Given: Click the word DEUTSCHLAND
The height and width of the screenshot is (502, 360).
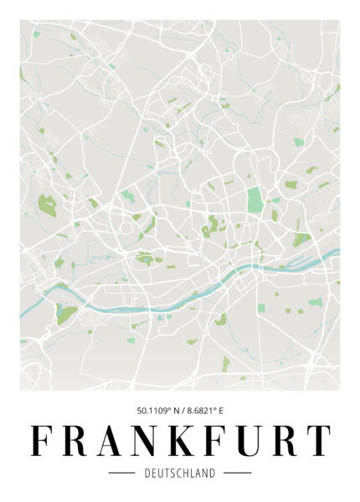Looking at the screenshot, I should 179,474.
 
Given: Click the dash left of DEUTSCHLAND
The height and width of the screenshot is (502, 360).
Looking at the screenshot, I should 122,474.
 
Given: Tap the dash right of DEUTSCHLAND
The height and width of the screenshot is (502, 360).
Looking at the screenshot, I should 238,474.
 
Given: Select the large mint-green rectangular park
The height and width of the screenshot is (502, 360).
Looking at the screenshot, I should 255,201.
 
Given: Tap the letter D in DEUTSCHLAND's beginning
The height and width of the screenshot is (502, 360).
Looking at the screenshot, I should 147,474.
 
